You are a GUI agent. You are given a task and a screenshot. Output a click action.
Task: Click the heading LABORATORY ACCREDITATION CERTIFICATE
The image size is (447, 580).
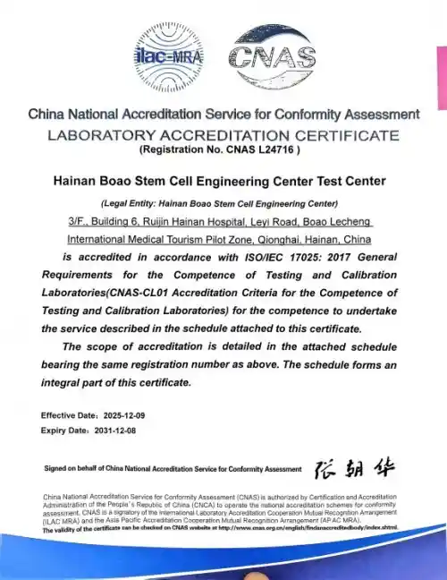pyautogui.click(x=223, y=135)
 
